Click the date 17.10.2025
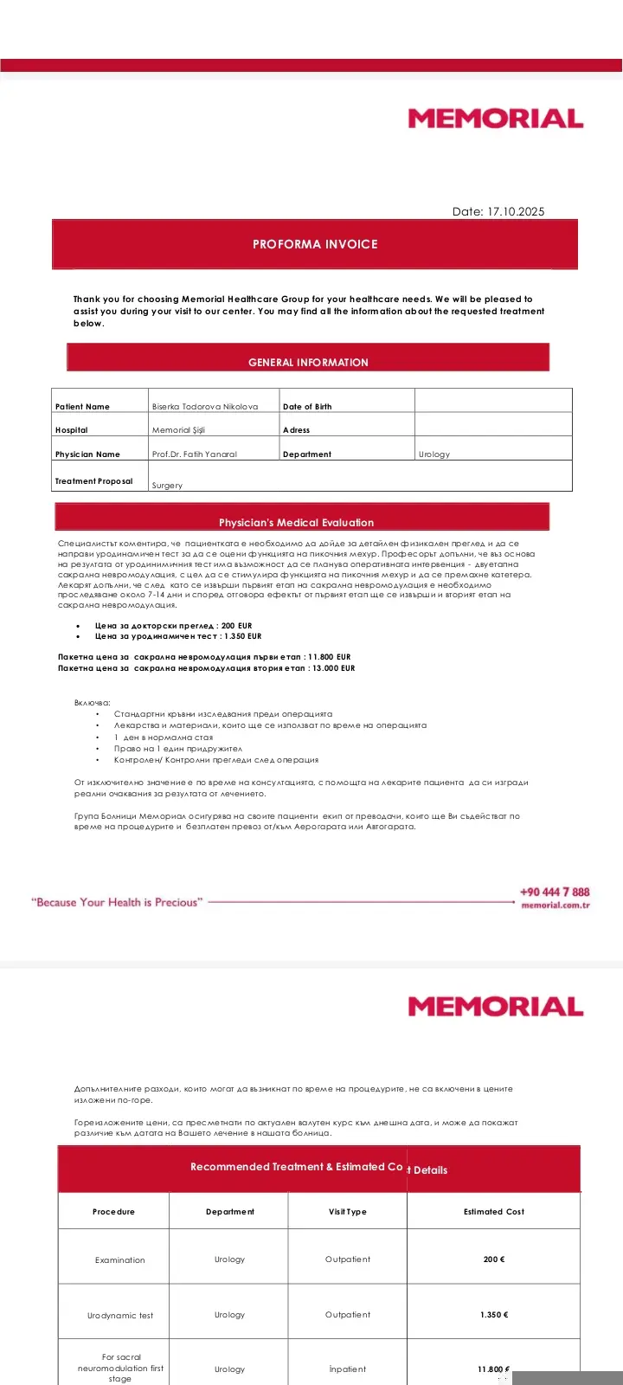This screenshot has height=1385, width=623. click(x=516, y=211)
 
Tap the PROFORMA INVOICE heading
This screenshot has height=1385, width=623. click(x=315, y=244)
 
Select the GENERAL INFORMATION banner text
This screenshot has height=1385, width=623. click(x=308, y=362)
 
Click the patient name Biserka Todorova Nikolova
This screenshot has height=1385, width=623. click(x=205, y=406)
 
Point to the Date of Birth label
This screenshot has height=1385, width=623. click(x=307, y=406)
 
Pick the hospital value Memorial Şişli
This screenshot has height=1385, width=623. click(x=178, y=430)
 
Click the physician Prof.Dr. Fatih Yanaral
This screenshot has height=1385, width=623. click(x=195, y=454)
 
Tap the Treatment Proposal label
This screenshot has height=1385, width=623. click(x=94, y=481)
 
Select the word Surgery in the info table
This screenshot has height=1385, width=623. click(x=167, y=486)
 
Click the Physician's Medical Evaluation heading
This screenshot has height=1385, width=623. click(x=296, y=523)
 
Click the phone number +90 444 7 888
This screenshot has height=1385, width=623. click(x=555, y=892)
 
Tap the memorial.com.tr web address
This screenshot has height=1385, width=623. click(x=556, y=905)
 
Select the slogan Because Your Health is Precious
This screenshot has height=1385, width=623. click(x=117, y=902)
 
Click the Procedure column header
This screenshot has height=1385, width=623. click(x=113, y=1212)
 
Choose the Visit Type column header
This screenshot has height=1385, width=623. click(x=347, y=1212)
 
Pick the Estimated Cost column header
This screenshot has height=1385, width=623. click(x=494, y=1212)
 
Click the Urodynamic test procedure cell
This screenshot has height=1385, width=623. click(x=120, y=1316)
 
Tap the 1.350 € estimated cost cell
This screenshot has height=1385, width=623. click(x=494, y=1315)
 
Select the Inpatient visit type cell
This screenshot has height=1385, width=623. click(x=347, y=1369)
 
